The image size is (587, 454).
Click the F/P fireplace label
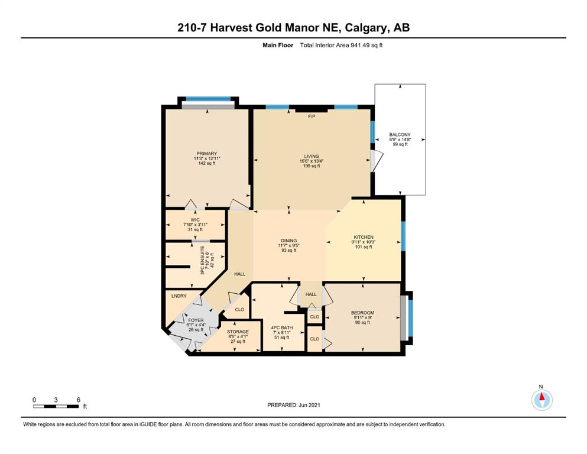312,116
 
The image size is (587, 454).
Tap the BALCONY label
400,134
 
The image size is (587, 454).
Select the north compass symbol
541,400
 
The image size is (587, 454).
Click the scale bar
56,406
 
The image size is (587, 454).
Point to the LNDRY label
179,296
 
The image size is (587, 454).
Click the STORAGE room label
238,332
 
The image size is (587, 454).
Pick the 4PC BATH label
282,327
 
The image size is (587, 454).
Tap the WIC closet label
195,220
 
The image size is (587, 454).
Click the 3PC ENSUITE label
203,261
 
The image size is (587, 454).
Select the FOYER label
196,320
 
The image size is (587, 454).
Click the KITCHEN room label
364,237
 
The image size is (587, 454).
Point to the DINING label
288,241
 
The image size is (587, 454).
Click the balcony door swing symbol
377,161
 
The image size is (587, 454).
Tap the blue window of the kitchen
403,236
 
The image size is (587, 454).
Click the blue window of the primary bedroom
208,99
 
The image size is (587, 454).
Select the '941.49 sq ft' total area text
367,46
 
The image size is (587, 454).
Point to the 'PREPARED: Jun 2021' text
294,405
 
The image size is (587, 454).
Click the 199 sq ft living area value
312,166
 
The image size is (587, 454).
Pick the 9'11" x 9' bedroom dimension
362,317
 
